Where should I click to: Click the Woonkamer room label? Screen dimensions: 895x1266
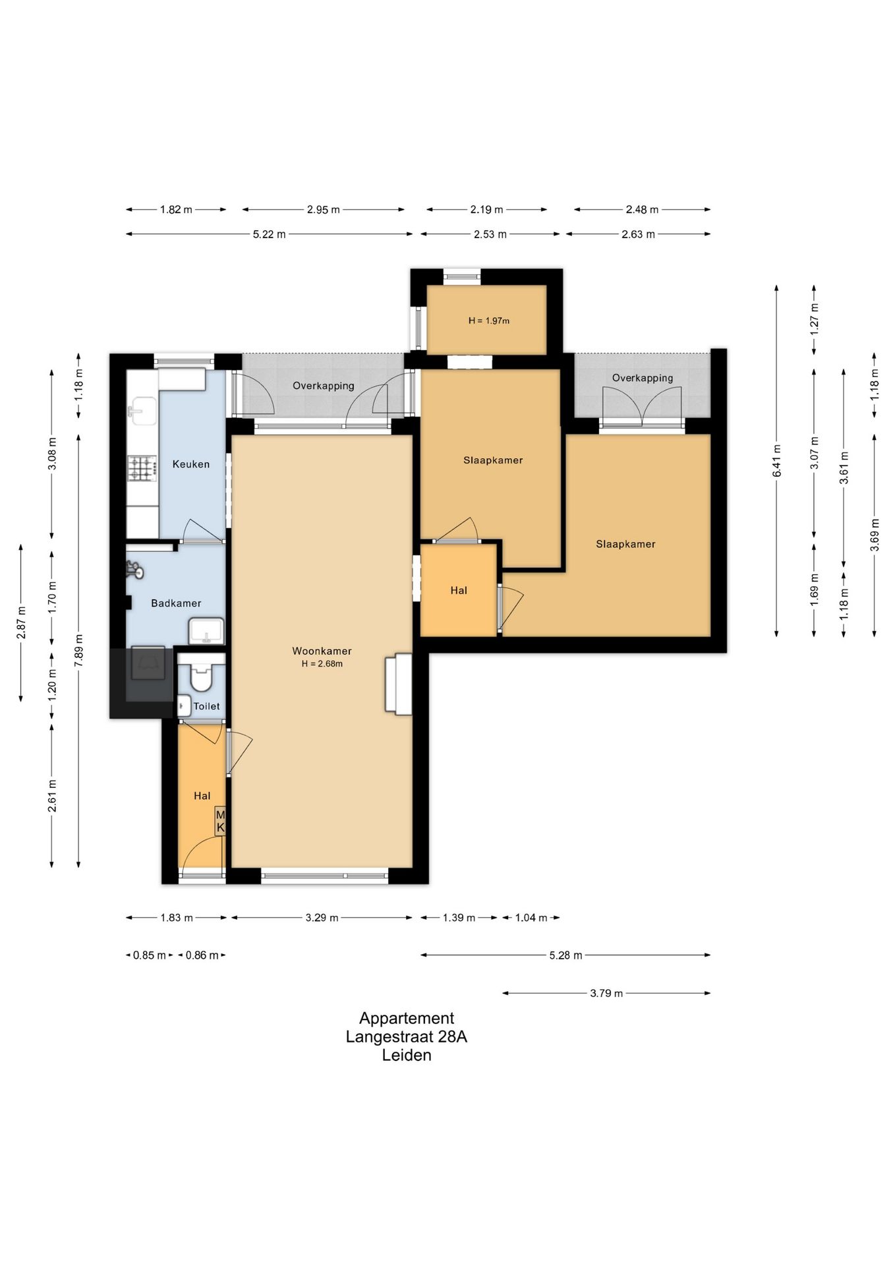tap(322, 651)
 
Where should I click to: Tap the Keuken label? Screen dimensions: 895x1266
tap(191, 464)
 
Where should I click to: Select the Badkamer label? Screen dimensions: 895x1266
tap(176, 603)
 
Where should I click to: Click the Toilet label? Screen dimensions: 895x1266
tap(206, 706)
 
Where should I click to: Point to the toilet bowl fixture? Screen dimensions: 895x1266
tap(200, 673)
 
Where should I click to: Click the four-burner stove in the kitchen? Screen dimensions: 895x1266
tap(142, 469)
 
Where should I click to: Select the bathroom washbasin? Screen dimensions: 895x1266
tap(206, 631)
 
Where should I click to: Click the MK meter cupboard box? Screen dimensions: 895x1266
tap(220, 822)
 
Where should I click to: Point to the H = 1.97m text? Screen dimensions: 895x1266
tap(489, 321)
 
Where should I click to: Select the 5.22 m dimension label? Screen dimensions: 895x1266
tap(269, 234)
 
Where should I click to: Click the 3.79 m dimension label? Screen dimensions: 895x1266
tap(606, 993)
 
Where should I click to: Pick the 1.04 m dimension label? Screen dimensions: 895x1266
tap(531, 918)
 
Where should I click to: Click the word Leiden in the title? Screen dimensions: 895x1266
tap(407, 1055)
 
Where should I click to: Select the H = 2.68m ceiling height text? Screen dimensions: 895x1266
tap(322, 664)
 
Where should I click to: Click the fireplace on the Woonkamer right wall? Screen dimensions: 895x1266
tap(399, 684)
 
